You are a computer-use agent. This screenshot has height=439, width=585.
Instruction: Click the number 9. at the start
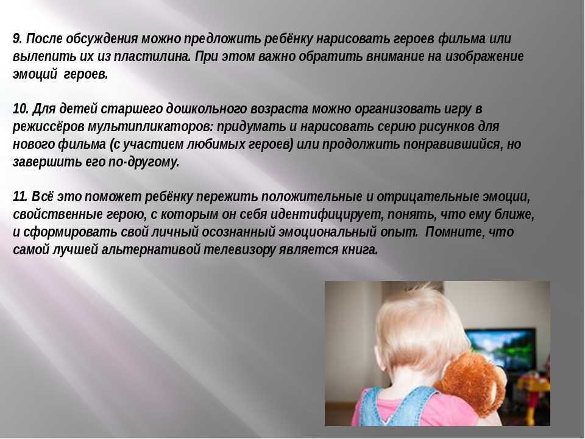coord(18,39)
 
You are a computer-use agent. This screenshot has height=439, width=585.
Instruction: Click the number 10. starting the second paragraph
coord(21,109)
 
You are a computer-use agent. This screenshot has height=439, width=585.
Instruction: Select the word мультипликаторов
coord(151,127)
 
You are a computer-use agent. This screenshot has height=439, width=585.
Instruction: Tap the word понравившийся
coord(452,144)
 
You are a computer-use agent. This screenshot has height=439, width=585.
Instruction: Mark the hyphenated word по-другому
coord(144,162)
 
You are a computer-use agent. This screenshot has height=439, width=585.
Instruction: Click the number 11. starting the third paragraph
coord(20,197)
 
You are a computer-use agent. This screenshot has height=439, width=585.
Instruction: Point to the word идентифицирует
coord(327,215)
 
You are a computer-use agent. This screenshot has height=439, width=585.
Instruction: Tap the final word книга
coord(360,250)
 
